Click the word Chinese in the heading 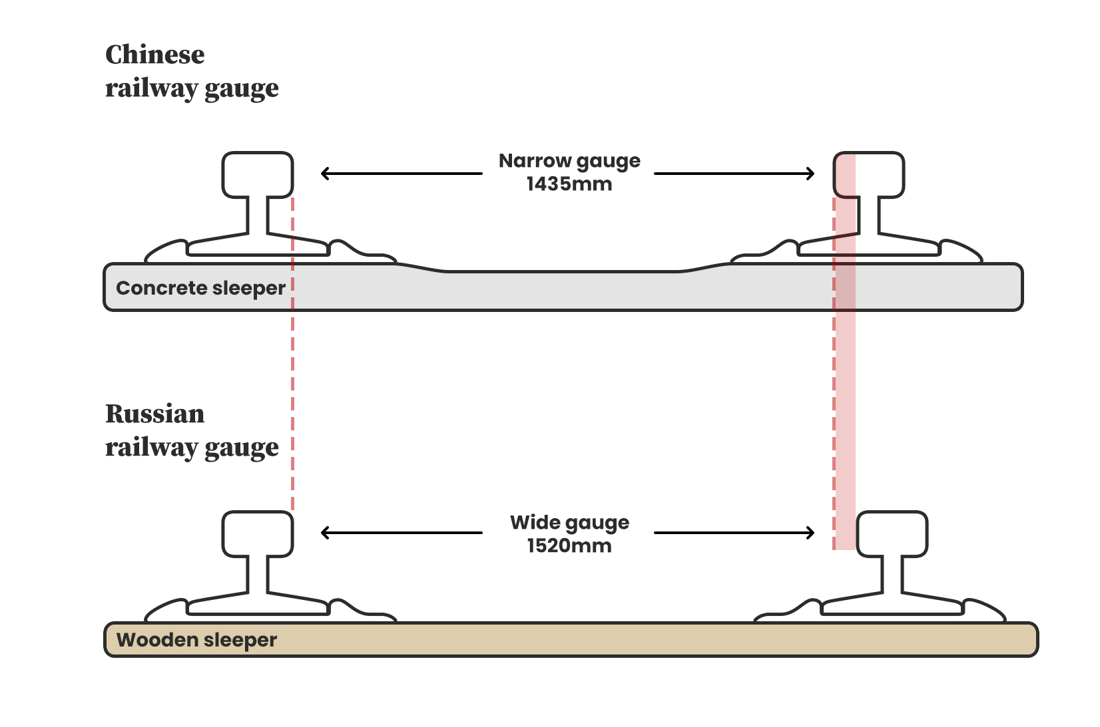[x=154, y=55]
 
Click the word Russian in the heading [x=154, y=414]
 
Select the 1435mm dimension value [x=569, y=184]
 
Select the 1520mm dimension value [x=569, y=546]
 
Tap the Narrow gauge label [x=569, y=161]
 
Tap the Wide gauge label [x=569, y=523]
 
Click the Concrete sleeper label [x=200, y=288]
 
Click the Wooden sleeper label [x=196, y=640]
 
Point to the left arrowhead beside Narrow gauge [x=325, y=174]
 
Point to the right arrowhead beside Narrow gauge [x=810, y=174]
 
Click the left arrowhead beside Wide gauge [x=325, y=533]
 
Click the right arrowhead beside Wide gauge [x=810, y=533]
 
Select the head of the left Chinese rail [x=257, y=175]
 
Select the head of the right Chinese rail [x=869, y=175]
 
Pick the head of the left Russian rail [x=257, y=533]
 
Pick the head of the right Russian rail [x=892, y=533]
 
